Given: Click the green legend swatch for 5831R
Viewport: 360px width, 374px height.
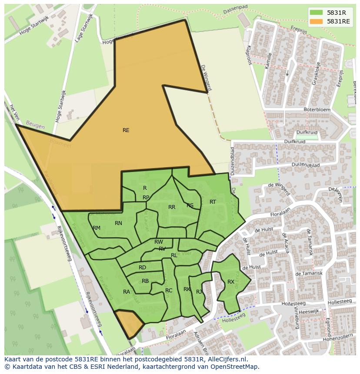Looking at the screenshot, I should [317, 12].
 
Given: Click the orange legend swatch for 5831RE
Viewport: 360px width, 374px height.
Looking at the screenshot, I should [317, 21].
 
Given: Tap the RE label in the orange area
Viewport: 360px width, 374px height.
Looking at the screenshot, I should [126, 130].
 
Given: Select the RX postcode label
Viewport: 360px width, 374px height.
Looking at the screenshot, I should [231, 282].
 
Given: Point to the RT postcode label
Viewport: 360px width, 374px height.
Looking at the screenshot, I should [213, 202].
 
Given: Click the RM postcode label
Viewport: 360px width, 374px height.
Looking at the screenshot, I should [97, 228].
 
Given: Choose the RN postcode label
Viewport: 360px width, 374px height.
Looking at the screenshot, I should [118, 223].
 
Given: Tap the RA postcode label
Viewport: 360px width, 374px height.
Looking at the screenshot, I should [127, 292].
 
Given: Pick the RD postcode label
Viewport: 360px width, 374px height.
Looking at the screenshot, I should [142, 268].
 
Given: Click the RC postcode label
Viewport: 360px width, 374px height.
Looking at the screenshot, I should [169, 291].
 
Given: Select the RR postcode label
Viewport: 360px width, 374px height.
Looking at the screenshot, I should [172, 207].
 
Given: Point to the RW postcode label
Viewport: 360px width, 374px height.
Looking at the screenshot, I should [159, 242].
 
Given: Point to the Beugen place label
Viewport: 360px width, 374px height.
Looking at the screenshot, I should [35, 126].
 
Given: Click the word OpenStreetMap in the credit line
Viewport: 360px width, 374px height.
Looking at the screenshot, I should [237, 367].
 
